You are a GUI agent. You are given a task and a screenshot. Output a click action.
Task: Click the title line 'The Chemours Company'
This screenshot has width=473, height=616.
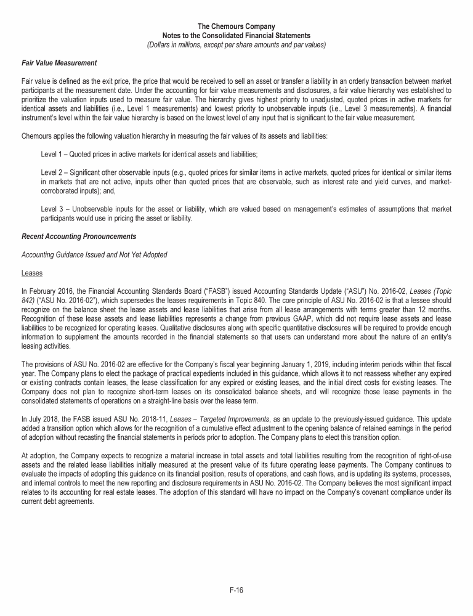236,27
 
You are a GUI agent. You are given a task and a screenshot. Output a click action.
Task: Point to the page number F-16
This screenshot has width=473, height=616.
236,590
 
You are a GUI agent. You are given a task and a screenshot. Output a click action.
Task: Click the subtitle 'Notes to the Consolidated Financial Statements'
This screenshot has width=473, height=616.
236,36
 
